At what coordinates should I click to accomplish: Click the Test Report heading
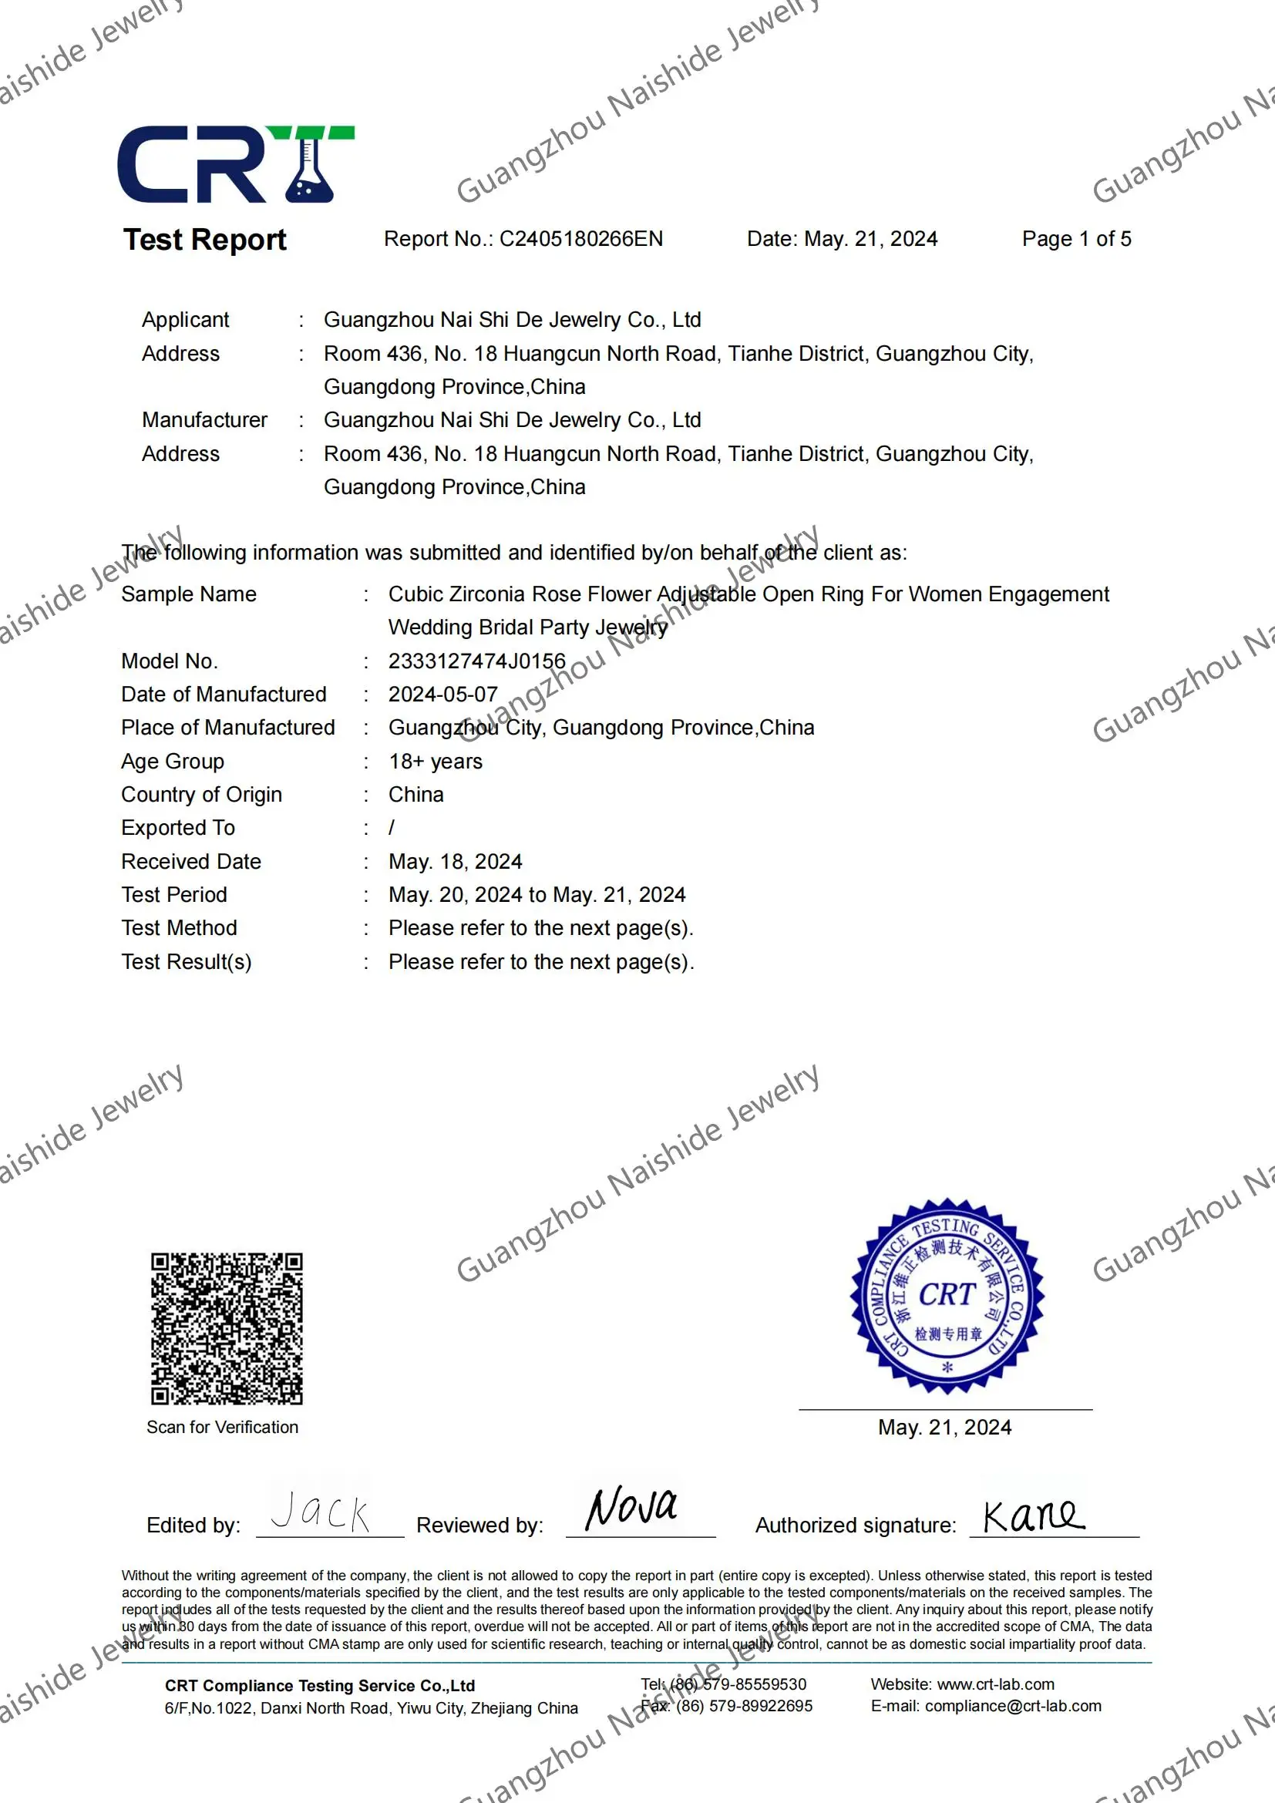(x=204, y=240)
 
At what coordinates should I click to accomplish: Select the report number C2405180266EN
(x=581, y=239)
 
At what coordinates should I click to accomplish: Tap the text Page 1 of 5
(x=1075, y=239)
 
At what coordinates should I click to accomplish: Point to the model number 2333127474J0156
(x=476, y=661)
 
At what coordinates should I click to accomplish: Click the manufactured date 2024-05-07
(x=442, y=695)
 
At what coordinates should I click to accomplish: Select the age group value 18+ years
(x=435, y=762)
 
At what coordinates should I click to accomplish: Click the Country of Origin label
(x=201, y=795)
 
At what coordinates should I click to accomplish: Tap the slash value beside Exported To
(x=391, y=828)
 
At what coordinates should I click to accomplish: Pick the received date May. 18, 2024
(x=455, y=862)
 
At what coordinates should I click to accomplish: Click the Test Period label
(x=173, y=894)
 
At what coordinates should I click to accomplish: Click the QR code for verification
(x=226, y=1328)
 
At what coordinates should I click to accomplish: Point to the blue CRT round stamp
(x=947, y=1296)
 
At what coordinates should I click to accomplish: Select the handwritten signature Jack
(x=321, y=1512)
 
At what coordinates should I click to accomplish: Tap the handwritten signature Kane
(x=1033, y=1515)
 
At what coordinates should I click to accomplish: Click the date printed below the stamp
(x=944, y=1427)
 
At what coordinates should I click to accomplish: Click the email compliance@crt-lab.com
(x=1013, y=1706)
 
